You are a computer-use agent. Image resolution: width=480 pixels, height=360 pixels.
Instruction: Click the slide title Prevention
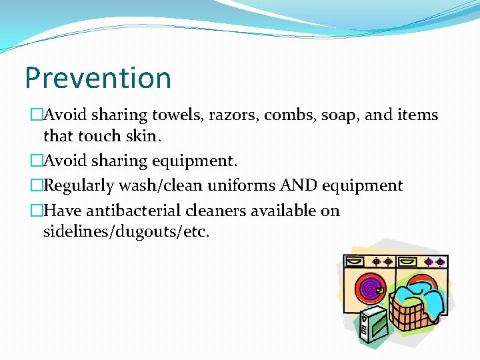(x=98, y=78)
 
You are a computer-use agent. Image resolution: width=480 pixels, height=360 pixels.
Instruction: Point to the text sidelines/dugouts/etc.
(x=126, y=233)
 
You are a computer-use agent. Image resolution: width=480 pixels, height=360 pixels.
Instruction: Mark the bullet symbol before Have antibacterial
(x=35, y=211)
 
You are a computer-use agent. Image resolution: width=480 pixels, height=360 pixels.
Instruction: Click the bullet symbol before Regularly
(x=35, y=185)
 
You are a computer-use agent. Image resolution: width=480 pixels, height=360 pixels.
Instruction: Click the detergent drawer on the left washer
(x=357, y=261)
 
